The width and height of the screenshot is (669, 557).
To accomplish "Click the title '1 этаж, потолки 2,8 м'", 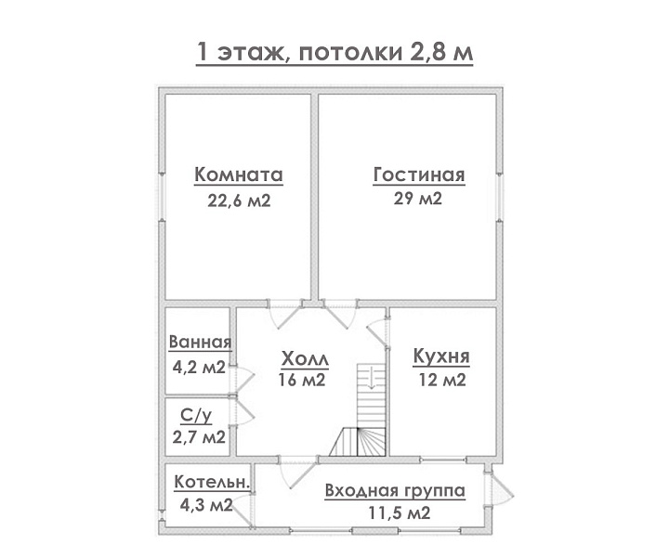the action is coord(334,52).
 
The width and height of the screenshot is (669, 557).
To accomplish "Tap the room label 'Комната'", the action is coord(239,175).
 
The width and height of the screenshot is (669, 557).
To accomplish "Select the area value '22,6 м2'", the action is coord(239,201).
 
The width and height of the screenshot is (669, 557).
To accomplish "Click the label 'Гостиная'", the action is coord(419,175).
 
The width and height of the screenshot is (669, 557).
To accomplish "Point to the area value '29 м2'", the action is coord(418,199).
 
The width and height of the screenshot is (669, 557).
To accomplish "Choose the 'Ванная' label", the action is coord(200,342).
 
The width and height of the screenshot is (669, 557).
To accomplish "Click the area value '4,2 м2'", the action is coord(199,367).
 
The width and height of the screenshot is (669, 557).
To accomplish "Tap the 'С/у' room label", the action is coord(196,416).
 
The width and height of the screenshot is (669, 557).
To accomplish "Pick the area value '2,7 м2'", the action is coord(199,437).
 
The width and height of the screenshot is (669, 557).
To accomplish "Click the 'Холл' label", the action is coord(305,359).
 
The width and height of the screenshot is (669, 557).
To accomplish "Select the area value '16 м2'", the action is coord(302,380).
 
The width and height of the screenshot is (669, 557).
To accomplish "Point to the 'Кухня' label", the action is coord(441,356).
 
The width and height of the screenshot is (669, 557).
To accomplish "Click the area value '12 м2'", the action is coord(442,380).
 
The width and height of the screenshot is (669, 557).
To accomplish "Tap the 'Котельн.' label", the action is coord(212,482).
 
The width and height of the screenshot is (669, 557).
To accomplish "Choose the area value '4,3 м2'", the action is coord(206,505).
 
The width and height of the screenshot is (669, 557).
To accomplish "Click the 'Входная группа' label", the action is coord(395,490).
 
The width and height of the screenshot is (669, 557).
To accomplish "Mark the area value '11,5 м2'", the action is coord(400,512).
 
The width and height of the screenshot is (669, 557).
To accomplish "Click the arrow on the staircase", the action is coord(371,377).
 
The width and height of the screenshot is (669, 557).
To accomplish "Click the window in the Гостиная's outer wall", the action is coord(500,197).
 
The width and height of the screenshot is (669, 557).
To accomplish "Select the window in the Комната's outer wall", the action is coord(162,197).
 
